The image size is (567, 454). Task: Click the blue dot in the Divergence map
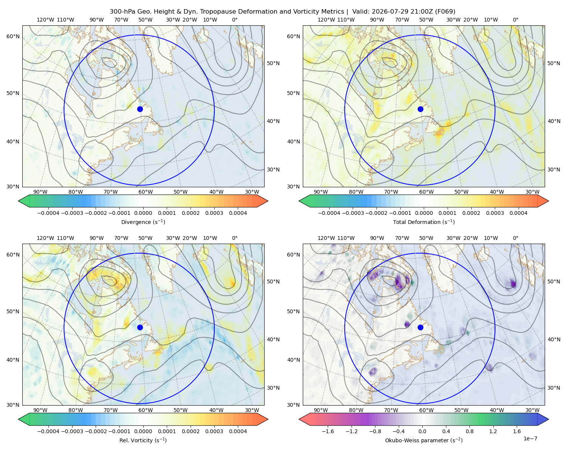(x=140, y=109)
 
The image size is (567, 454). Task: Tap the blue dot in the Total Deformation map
(x=420, y=109)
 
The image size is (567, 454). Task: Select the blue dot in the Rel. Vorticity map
(x=140, y=327)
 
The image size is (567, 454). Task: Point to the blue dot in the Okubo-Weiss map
(x=420, y=327)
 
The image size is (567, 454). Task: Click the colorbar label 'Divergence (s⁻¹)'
(x=143, y=222)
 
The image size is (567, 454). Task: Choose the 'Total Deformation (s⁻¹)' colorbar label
(x=424, y=222)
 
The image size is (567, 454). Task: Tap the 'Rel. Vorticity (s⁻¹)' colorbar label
(x=143, y=440)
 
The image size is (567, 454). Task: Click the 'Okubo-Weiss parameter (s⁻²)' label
(x=424, y=440)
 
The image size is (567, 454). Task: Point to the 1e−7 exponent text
(x=530, y=438)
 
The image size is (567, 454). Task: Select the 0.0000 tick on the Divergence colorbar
(x=143, y=213)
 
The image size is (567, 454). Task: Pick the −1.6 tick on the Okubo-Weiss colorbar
(x=328, y=431)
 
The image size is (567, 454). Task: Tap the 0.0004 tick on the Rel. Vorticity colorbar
(x=238, y=431)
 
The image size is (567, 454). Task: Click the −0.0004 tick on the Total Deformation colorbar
(x=329, y=213)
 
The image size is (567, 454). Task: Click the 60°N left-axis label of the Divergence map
(x=13, y=36)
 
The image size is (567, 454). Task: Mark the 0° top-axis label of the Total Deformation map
(x=515, y=20)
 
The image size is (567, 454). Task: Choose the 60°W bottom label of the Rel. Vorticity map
(x=146, y=410)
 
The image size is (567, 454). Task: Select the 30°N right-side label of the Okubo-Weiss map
(x=553, y=388)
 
